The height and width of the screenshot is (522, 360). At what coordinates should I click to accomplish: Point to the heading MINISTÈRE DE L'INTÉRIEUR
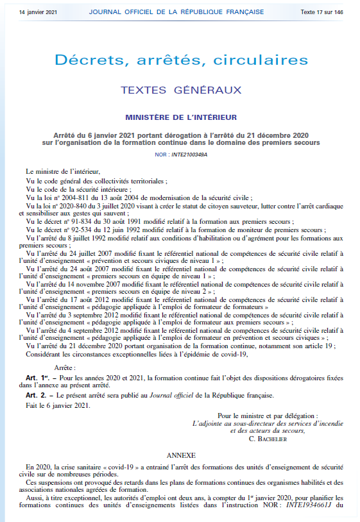182,117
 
